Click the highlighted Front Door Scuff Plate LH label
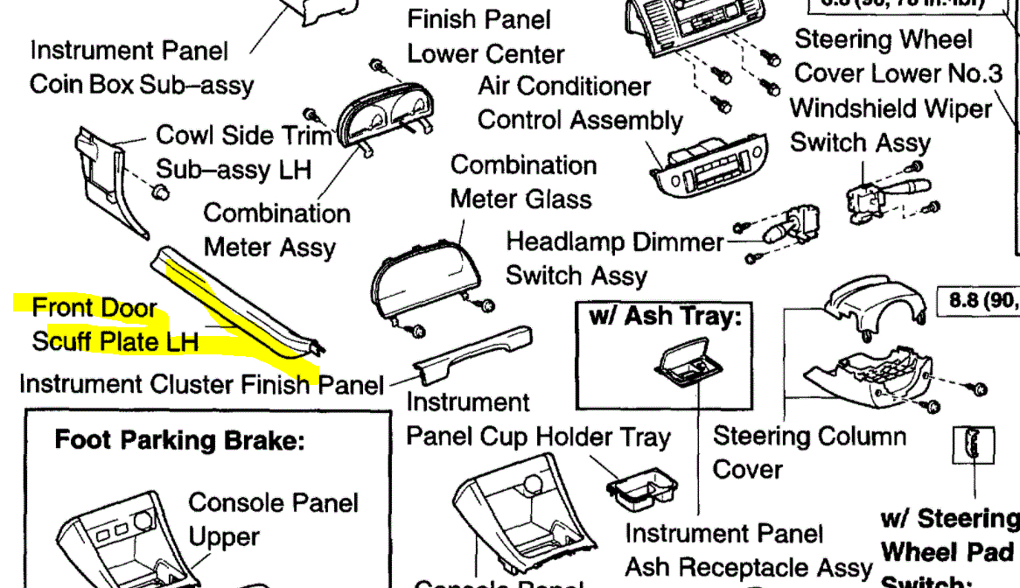tap(114, 325)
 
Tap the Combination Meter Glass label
tap(522, 182)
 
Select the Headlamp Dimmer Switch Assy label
tap(615, 258)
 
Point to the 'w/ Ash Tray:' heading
tap(665, 317)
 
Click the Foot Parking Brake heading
tap(179, 438)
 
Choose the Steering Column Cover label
tap(809, 451)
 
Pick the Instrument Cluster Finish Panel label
tap(201, 384)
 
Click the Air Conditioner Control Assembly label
tap(580, 103)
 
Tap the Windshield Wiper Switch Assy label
tap(891, 125)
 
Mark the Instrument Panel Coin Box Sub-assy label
tap(141, 67)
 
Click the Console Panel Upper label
tap(273, 520)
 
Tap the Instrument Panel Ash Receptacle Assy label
tap(749, 550)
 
